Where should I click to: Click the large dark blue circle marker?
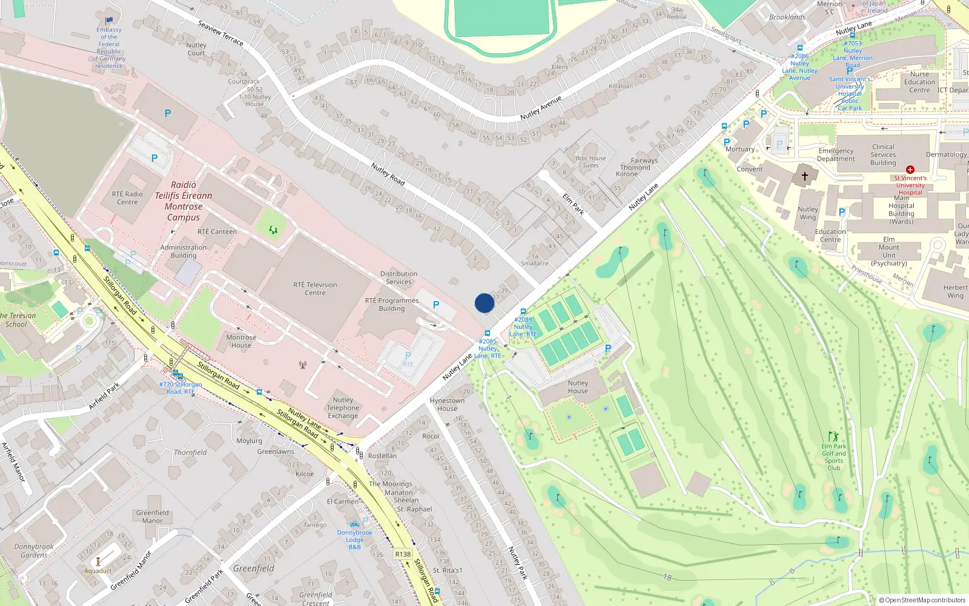484,303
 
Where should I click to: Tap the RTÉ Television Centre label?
315,288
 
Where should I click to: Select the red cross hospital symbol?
910,170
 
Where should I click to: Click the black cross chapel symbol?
805,176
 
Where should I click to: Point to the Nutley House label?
578,387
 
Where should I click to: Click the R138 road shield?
403,554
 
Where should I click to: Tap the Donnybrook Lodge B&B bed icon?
355,524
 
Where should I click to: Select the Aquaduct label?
98,571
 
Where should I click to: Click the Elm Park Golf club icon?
834,436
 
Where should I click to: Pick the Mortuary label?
740,149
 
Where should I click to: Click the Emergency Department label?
836,155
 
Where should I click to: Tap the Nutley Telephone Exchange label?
343,408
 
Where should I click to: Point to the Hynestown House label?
447,404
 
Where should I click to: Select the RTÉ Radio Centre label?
127,198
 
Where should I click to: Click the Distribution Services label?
399,278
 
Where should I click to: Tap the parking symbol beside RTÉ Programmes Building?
436,305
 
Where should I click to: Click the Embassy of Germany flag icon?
110,21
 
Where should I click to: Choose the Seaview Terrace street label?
220,33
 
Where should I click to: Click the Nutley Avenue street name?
541,108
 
